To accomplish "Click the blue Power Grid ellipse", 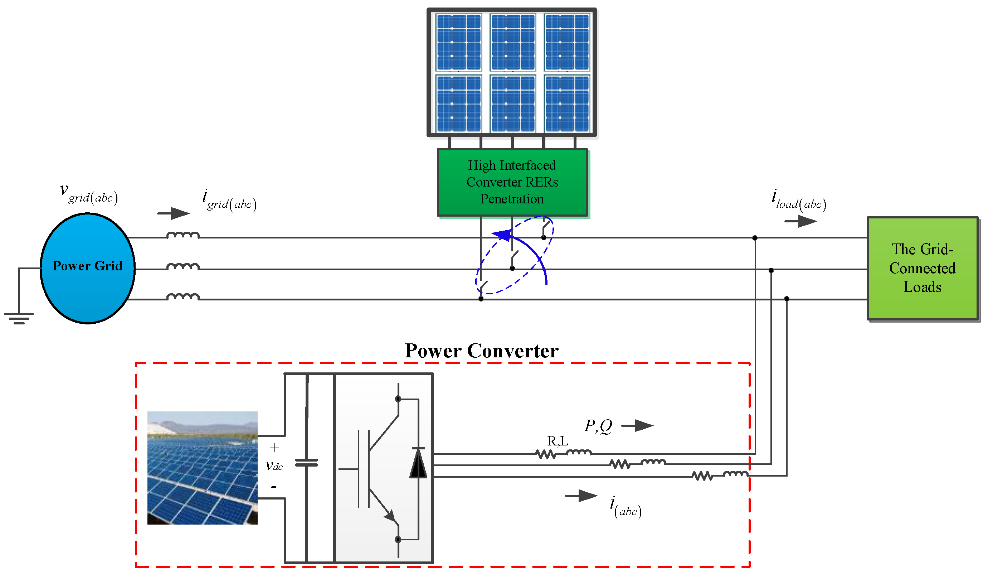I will [87, 268].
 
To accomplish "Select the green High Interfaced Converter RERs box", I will [512, 182].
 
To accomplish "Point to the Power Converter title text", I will [481, 351].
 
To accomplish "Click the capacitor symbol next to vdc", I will [306, 463].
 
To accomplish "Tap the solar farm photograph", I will [202, 468].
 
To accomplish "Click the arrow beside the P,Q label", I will [638, 426].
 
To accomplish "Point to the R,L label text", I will [558, 441].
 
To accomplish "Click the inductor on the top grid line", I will [183, 235].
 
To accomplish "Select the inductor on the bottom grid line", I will [183, 297].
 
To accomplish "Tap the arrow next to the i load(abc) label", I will [800, 222].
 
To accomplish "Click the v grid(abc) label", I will [89, 194].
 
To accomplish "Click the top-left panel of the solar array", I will [458, 42].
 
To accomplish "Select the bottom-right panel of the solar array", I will [567, 103].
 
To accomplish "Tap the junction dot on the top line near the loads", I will [755, 238].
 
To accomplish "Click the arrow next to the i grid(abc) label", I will [173, 214].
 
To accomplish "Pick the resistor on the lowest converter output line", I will [702, 476].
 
